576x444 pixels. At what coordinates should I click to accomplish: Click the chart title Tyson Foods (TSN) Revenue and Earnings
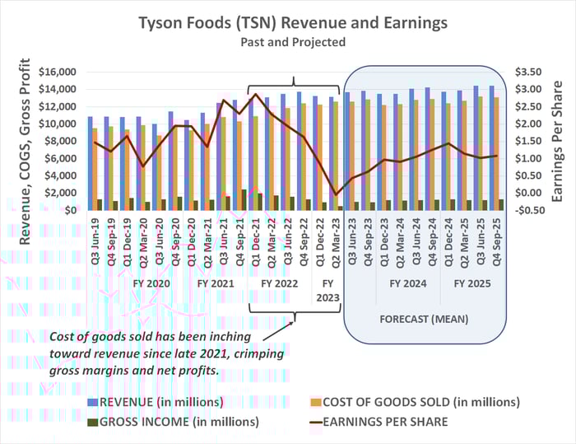pyautogui.click(x=287, y=21)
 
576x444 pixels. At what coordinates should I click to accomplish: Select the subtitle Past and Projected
pyautogui.click(x=287, y=40)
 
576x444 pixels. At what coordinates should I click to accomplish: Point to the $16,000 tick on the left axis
pyautogui.click(x=58, y=72)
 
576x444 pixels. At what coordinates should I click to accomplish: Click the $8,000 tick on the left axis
pyautogui.click(x=61, y=141)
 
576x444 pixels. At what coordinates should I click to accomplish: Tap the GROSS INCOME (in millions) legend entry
pyautogui.click(x=172, y=422)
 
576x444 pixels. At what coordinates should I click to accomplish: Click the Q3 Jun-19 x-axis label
pyautogui.click(x=92, y=239)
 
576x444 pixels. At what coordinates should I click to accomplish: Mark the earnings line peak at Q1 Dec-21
pyautogui.click(x=255, y=94)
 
